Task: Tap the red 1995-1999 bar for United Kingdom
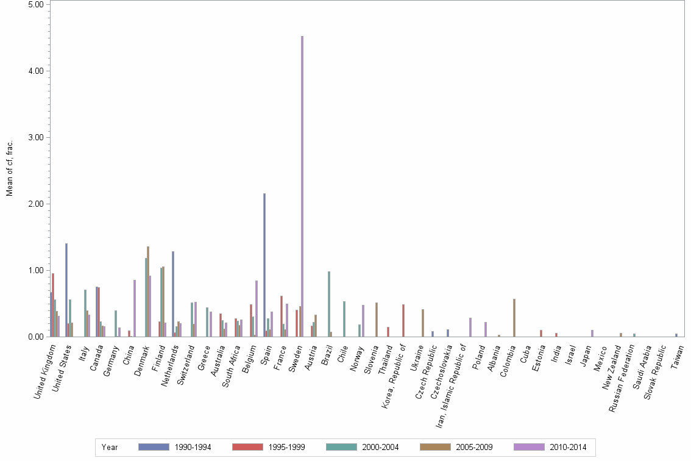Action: [x=53, y=305]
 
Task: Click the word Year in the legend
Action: [x=110, y=447]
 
